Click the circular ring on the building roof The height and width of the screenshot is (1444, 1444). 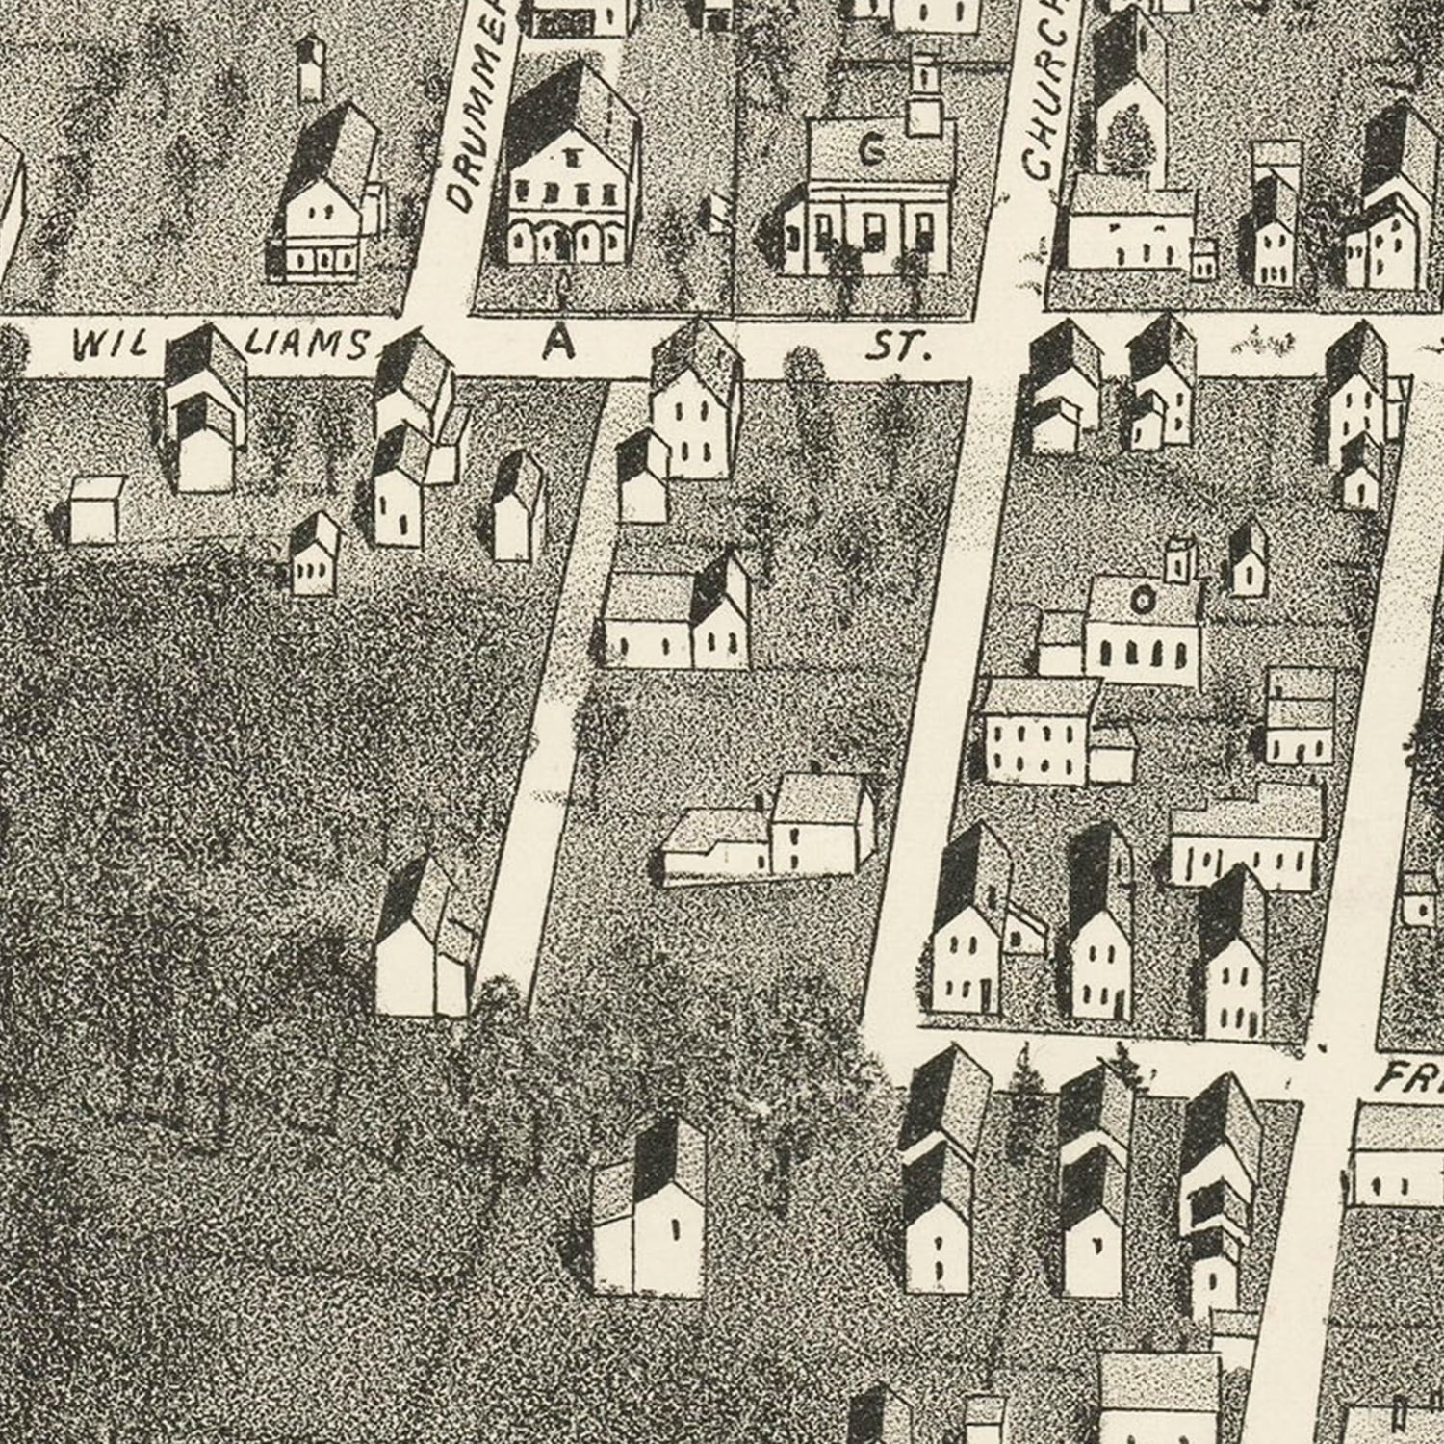coord(1143,602)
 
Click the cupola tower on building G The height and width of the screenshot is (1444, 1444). coord(923,96)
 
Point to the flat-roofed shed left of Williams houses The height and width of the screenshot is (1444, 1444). coord(96,507)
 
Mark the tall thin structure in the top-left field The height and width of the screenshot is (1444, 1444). coord(309,67)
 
